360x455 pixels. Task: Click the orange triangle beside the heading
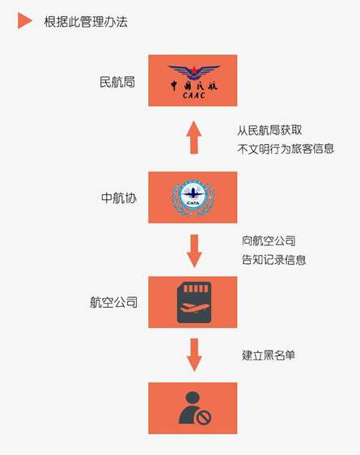tap(24, 20)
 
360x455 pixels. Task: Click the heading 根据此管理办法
tap(86, 22)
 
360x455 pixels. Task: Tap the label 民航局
tap(117, 82)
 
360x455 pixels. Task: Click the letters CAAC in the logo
tap(194, 95)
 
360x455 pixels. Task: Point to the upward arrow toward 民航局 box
tap(194, 138)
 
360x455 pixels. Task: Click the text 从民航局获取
tap(269, 130)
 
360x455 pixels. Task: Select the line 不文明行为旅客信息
tap(286, 149)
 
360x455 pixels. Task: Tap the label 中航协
tap(119, 198)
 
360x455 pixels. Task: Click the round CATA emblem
tap(193, 198)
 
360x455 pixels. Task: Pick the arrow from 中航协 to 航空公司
tap(194, 251)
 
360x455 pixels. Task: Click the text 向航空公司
tap(269, 240)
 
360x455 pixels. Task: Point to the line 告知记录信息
tap(273, 260)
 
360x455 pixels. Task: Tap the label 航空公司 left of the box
tap(113, 302)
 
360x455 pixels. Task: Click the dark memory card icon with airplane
tap(194, 302)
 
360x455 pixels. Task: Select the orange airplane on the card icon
tap(193, 308)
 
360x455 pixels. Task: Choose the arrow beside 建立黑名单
tap(194, 355)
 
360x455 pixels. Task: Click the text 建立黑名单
tap(269, 355)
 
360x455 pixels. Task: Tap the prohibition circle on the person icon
tap(204, 417)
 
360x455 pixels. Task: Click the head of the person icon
tap(193, 398)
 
